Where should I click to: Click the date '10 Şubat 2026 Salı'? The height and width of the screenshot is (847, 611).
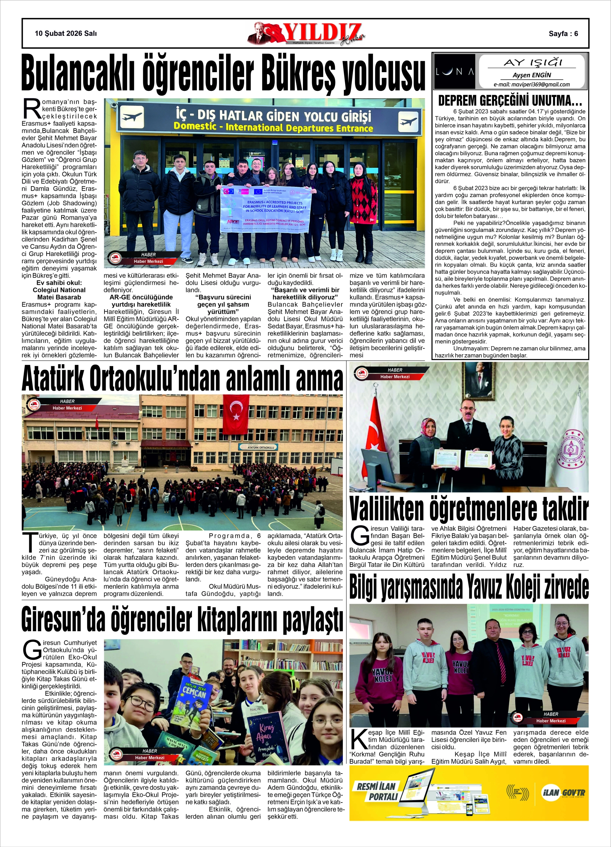(x=66, y=33)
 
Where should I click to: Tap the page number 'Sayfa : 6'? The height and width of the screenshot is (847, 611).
(x=563, y=33)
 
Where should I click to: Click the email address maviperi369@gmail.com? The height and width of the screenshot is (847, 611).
(x=532, y=84)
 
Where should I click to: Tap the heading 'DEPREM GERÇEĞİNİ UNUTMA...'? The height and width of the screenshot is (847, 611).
(x=510, y=100)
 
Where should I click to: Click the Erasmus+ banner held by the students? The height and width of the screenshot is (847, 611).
(x=266, y=209)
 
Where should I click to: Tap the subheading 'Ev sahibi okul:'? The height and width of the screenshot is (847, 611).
(x=59, y=283)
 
